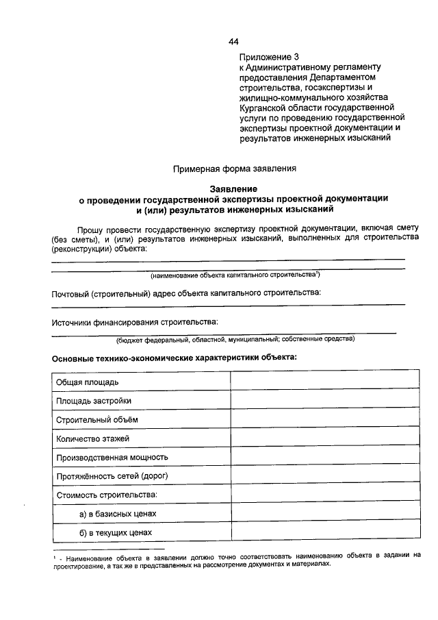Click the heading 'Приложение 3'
pos(270,56)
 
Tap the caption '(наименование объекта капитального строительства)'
pos(235,275)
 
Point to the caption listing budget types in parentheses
pos(235,338)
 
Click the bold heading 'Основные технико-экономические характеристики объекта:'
pos(175,357)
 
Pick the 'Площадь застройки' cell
pos(94,400)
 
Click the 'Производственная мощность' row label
pos(112,457)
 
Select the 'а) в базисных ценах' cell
pos(118,513)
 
